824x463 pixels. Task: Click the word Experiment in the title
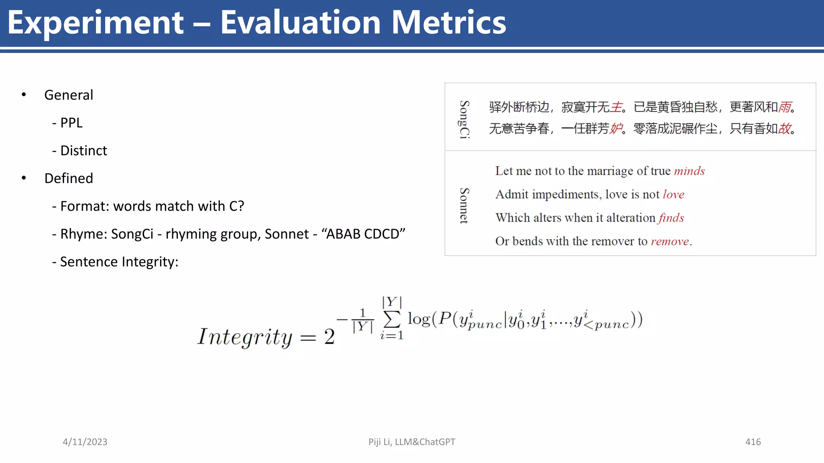click(x=96, y=23)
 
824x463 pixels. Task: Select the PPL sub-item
click(x=71, y=123)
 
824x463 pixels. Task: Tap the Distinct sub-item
click(x=83, y=150)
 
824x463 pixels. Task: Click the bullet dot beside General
click(x=24, y=95)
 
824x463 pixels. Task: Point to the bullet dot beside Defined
click(x=24, y=178)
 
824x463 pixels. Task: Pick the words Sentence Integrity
click(x=119, y=262)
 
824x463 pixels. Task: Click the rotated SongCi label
click(x=464, y=119)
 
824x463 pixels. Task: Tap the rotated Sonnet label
click(x=464, y=205)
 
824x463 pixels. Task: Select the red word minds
click(x=689, y=171)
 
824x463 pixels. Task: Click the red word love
click(x=674, y=195)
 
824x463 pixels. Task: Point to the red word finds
click(x=671, y=218)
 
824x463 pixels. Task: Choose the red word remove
click(x=670, y=241)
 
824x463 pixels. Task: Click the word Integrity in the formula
click(x=244, y=337)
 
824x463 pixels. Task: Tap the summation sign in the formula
click(x=392, y=319)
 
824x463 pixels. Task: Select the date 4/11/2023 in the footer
click(x=85, y=442)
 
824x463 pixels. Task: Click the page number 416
click(x=753, y=442)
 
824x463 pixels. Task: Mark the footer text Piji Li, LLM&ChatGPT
click(x=412, y=442)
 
